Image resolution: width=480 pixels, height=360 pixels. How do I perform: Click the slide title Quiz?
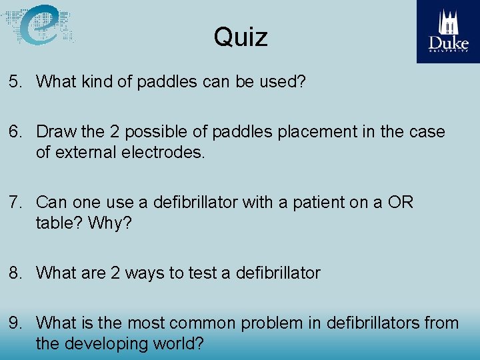[241, 37]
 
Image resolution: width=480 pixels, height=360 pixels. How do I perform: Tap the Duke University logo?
[448, 31]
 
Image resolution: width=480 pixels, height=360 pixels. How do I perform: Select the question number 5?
[15, 82]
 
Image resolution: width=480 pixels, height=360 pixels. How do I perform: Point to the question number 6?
[15, 132]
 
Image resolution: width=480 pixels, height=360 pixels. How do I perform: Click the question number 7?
[15, 202]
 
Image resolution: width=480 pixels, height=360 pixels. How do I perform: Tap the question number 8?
[15, 273]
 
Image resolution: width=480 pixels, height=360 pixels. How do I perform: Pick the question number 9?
[15, 323]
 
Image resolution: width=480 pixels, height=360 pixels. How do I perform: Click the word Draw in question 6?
[55, 132]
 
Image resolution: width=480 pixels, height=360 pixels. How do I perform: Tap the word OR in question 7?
[399, 202]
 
